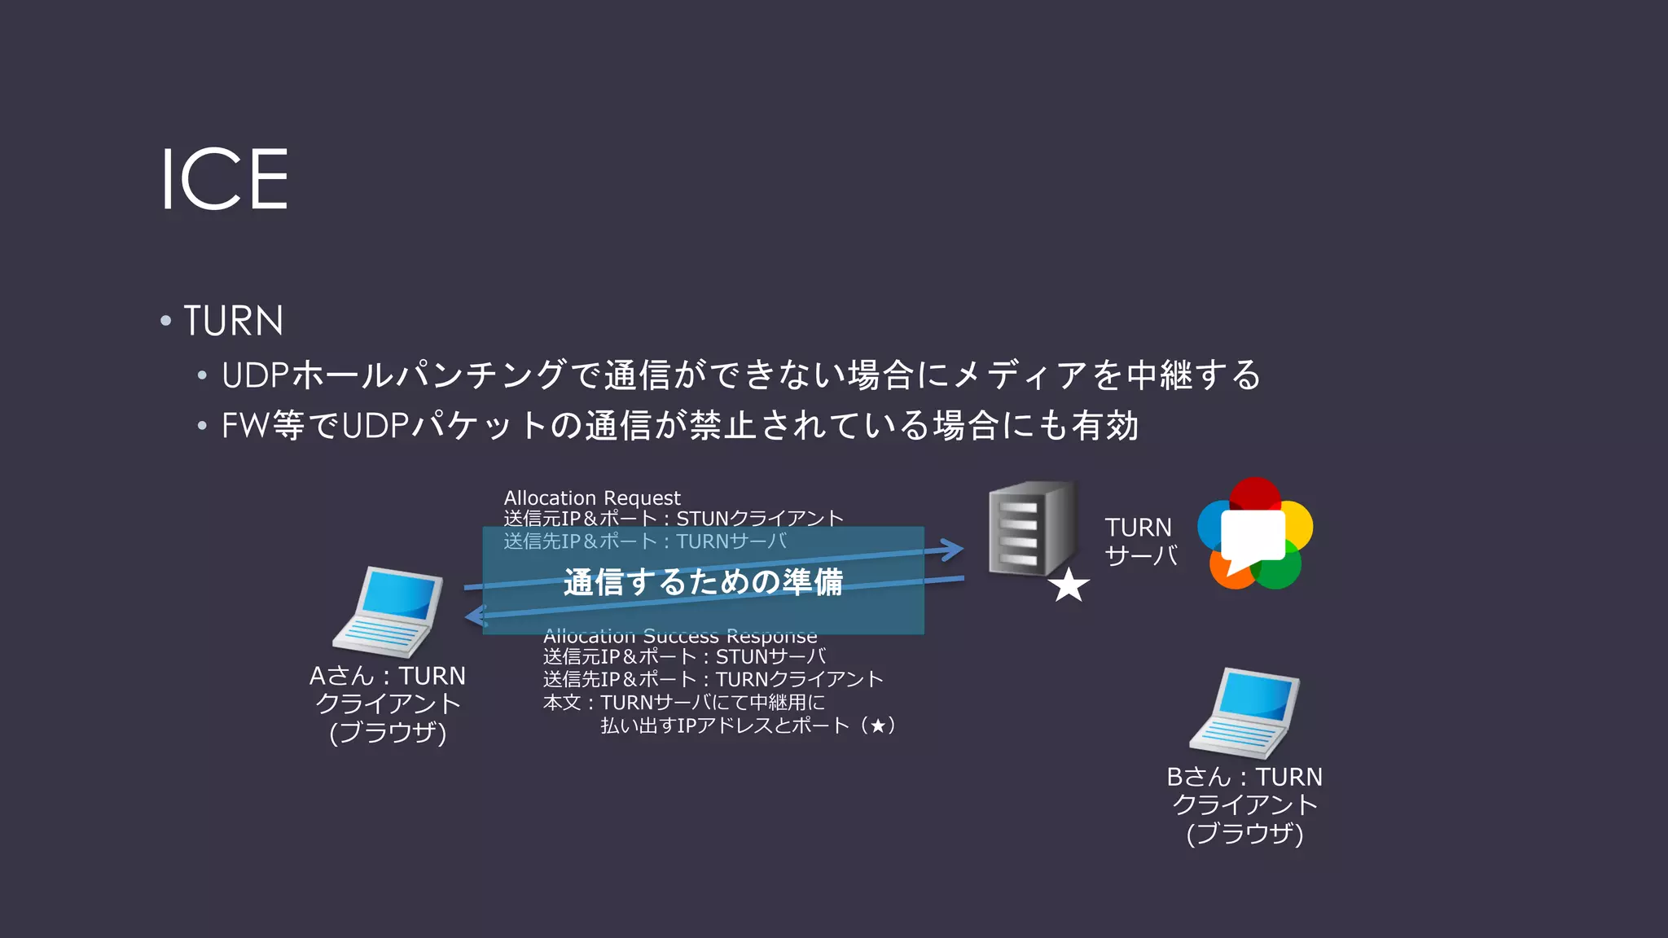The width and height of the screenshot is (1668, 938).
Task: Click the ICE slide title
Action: point(224,179)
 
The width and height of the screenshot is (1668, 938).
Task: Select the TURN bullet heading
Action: point(233,321)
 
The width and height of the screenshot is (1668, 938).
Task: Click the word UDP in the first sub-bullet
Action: point(255,375)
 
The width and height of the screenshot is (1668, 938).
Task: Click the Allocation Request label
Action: point(592,497)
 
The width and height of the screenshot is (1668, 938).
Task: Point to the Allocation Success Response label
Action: point(680,636)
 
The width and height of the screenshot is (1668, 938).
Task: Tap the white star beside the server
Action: point(1069,585)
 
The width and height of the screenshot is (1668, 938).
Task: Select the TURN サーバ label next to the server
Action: point(1140,541)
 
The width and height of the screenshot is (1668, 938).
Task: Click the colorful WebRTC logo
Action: point(1255,533)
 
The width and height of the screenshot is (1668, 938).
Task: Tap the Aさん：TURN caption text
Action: point(388,676)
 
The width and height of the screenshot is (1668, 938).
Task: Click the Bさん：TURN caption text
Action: point(1244,777)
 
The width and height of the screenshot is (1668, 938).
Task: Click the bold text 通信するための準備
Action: point(703,582)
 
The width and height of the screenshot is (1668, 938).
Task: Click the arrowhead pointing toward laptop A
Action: point(475,616)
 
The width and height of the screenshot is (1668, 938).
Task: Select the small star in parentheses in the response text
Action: point(877,725)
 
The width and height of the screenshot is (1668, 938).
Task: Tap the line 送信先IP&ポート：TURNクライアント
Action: point(713,679)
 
